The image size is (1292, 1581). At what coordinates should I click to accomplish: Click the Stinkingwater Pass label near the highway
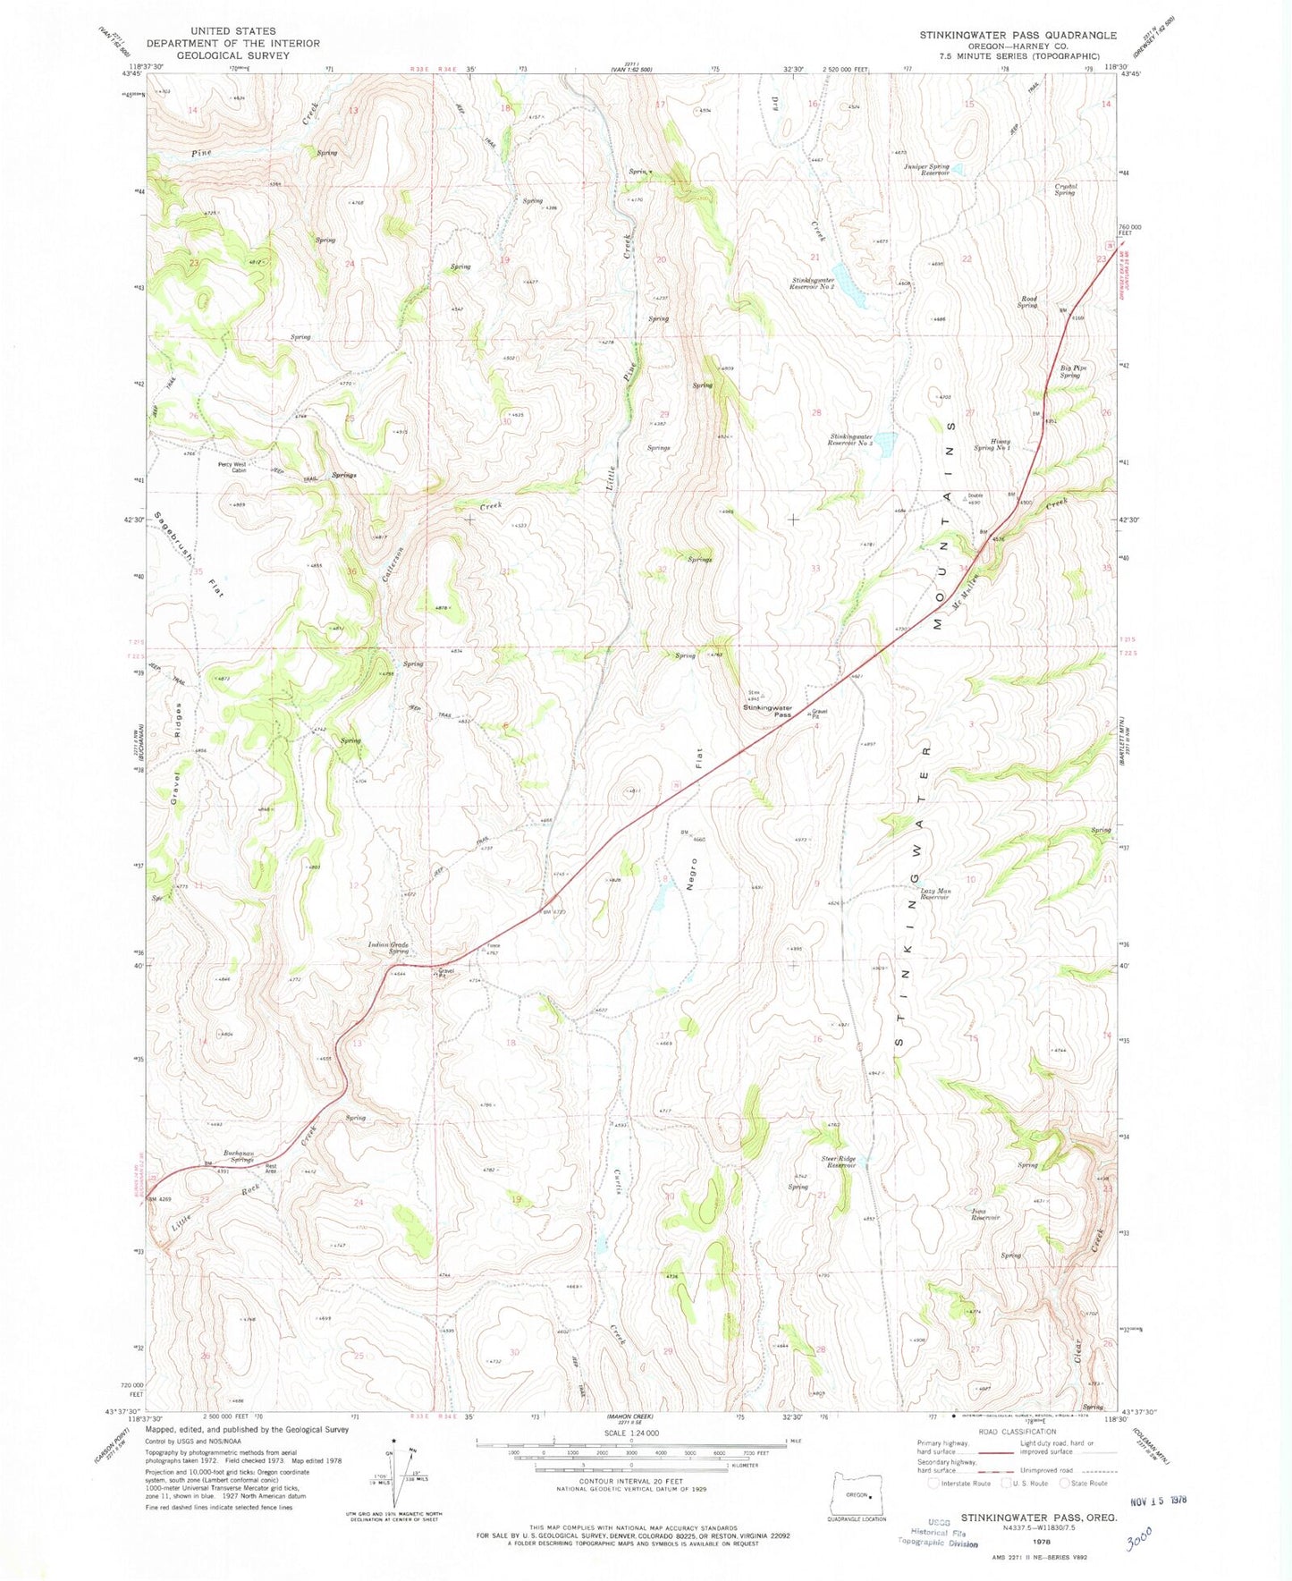[768, 711]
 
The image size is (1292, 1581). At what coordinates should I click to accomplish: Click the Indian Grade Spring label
[387, 948]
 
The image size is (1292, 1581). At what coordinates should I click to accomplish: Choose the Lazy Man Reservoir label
[935, 893]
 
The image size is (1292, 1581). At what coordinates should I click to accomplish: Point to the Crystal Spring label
[1064, 190]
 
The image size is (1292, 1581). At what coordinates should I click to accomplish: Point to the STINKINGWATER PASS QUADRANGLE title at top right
[1018, 35]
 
